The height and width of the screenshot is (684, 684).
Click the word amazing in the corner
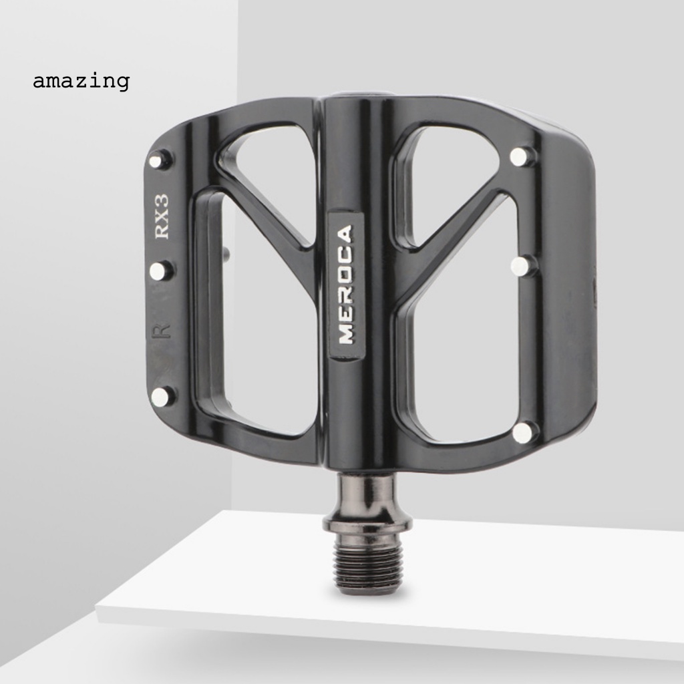(x=81, y=81)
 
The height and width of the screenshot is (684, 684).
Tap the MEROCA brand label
(x=346, y=285)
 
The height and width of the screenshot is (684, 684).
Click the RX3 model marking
(x=162, y=216)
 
